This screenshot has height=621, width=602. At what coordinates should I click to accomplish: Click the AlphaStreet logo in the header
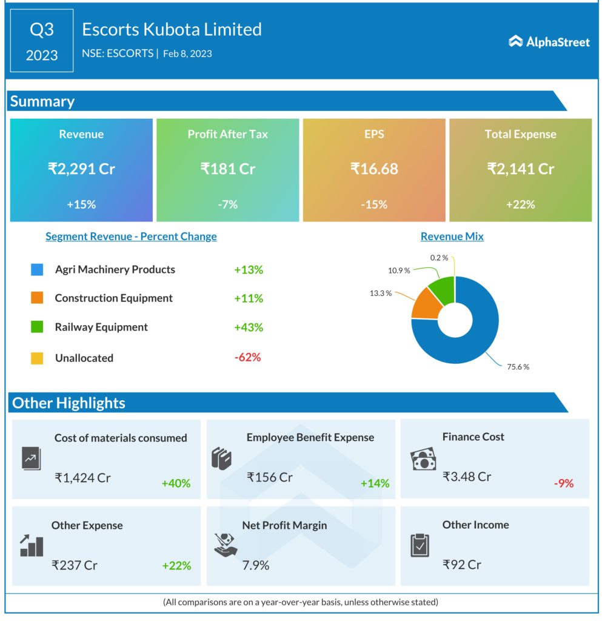point(549,41)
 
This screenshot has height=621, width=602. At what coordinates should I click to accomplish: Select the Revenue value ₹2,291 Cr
point(81,169)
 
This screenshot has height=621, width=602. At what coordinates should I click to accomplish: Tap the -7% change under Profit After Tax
point(227,204)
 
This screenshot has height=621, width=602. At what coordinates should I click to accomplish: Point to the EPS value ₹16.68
point(374,169)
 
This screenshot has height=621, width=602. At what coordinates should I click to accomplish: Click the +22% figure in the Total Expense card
point(520,204)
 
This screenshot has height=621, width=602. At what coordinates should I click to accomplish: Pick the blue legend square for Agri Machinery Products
point(37,270)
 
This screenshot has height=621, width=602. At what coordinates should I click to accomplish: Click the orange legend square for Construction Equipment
point(37,298)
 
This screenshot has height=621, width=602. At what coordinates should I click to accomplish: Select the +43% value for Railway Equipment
point(249,327)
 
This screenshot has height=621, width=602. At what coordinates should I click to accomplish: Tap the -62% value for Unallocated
point(247,357)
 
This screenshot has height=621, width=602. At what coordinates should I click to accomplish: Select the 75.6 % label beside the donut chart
point(517,367)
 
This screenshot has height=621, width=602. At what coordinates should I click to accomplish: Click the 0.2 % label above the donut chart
point(439,258)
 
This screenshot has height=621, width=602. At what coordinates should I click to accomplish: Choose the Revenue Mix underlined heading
point(452,237)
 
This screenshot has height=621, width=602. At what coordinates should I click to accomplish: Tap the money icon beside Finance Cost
point(423,459)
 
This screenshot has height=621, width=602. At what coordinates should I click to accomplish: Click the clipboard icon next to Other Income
point(420,545)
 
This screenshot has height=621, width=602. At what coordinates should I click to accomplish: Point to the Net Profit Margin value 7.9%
point(256,565)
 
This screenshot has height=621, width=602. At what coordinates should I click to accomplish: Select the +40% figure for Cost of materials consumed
point(176,483)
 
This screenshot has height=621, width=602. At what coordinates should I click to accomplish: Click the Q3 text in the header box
point(42,30)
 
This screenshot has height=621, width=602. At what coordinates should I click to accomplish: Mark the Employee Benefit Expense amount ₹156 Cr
point(270,477)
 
